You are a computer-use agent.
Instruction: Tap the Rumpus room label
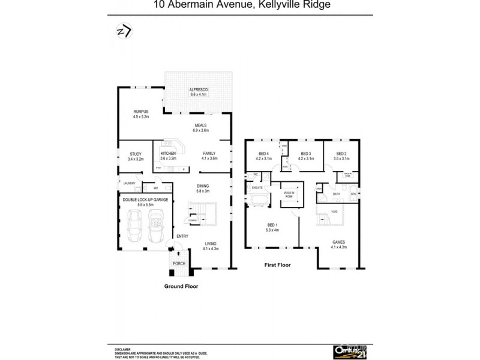click(x=141, y=112)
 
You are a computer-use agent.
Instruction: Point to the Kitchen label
click(x=168, y=154)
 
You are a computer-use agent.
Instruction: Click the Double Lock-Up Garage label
click(x=145, y=199)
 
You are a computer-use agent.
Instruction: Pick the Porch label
click(x=179, y=263)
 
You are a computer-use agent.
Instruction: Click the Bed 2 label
click(x=342, y=154)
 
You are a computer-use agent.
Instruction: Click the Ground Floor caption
click(x=181, y=286)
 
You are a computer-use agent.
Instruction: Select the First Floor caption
click(x=277, y=264)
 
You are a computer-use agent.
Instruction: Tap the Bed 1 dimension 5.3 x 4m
click(x=274, y=230)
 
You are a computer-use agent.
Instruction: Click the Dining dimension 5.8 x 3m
click(x=203, y=191)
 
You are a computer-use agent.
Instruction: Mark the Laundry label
click(x=129, y=182)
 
